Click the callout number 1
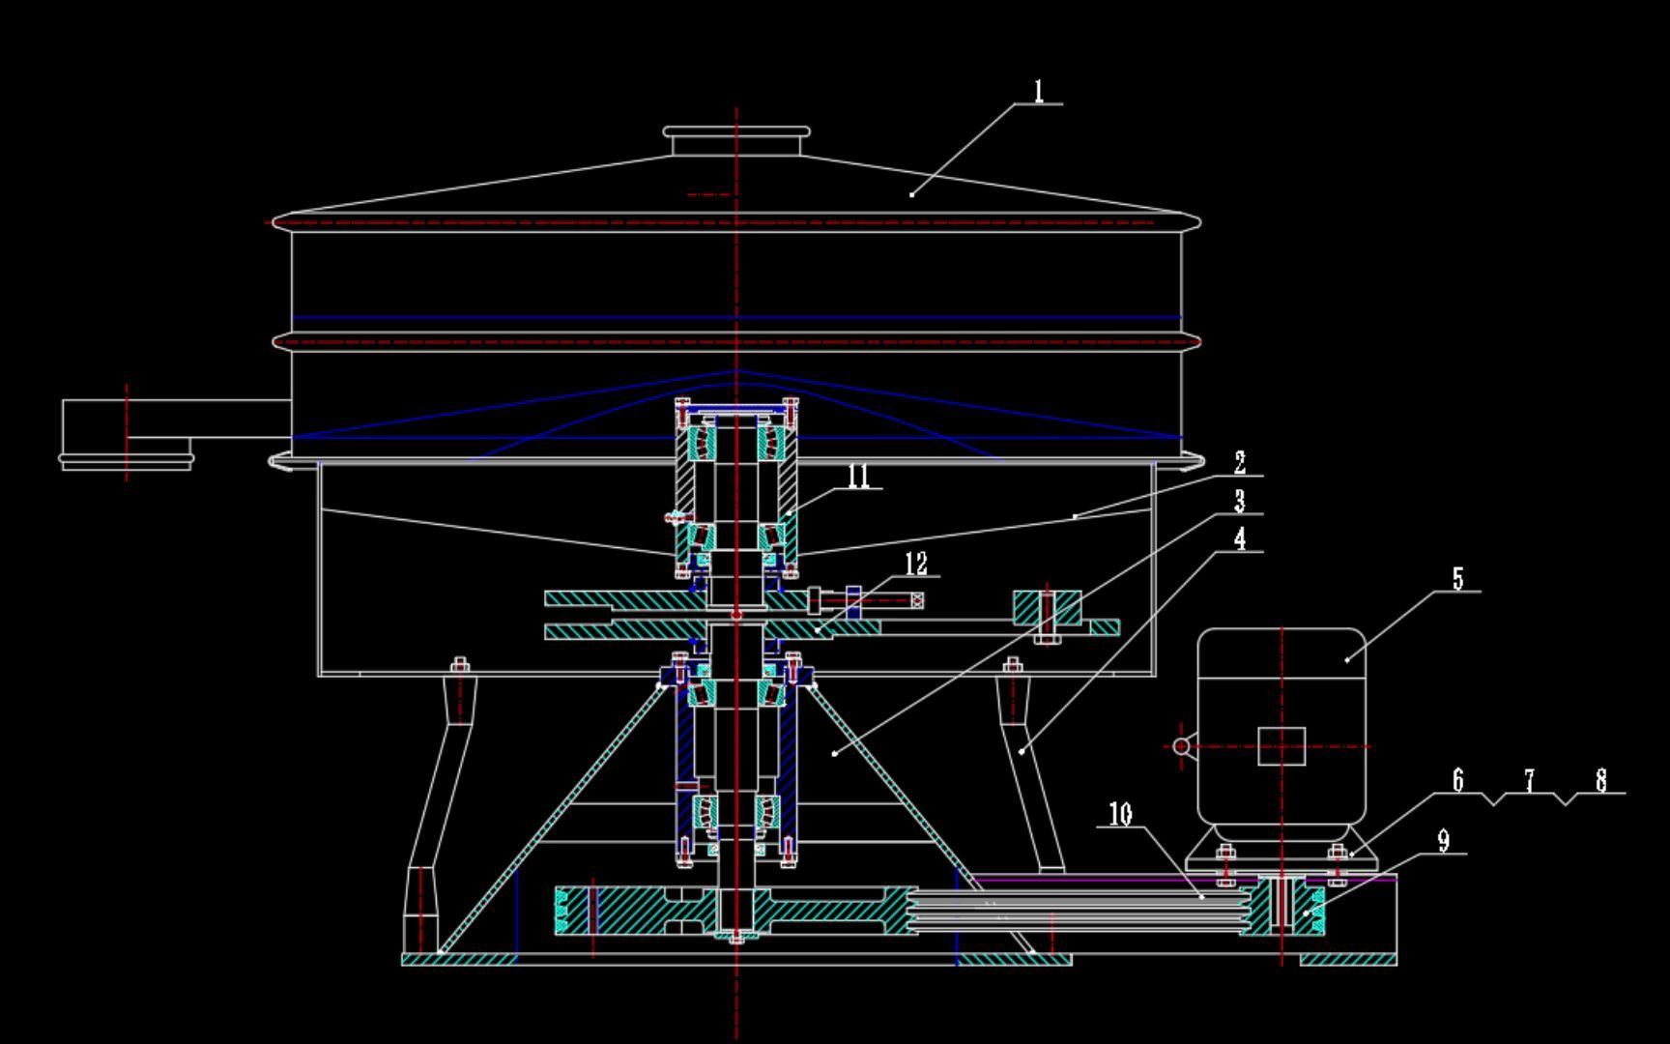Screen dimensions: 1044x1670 (1039, 92)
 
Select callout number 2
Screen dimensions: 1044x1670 (1240, 463)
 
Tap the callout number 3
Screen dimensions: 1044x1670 (1240, 501)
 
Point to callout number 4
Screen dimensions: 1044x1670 (1240, 538)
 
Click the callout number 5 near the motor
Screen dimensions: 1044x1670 (1458, 578)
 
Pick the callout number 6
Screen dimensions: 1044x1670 (1458, 779)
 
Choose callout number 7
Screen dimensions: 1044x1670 (1530, 779)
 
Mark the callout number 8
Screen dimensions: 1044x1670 (1601, 779)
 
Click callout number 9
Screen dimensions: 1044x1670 (1444, 840)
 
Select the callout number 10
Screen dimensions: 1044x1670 (1120, 814)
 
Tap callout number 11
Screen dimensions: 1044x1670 (858, 476)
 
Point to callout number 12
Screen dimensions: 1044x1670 (915, 563)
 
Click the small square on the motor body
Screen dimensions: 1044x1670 (1281, 746)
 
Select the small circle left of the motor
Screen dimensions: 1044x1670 (1181, 745)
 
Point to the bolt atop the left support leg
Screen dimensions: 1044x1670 (460, 666)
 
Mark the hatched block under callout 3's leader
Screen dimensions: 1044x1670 (1048, 608)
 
